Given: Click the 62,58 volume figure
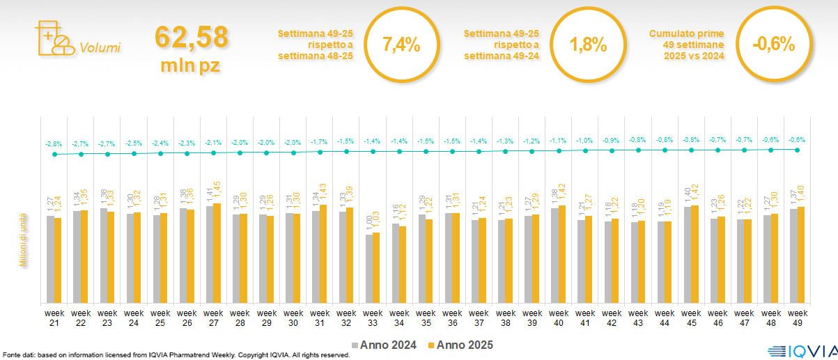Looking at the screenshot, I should (x=192, y=37).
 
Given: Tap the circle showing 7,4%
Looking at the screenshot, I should (x=401, y=45).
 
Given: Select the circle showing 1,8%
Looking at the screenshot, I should (x=588, y=45).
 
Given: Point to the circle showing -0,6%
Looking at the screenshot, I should (x=774, y=45).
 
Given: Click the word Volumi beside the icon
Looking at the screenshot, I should (x=100, y=48).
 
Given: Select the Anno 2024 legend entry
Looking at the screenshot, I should (x=385, y=345).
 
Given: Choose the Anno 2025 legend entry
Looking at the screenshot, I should (x=460, y=345).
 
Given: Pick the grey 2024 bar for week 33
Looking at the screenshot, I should (x=368, y=269).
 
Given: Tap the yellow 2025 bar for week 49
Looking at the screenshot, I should (x=801, y=255).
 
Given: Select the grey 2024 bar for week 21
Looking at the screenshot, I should (x=50, y=259).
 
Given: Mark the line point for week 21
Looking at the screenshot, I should (x=54, y=155).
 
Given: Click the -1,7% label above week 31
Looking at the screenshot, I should (x=320, y=142).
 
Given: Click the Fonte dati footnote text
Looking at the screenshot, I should (x=175, y=355).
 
